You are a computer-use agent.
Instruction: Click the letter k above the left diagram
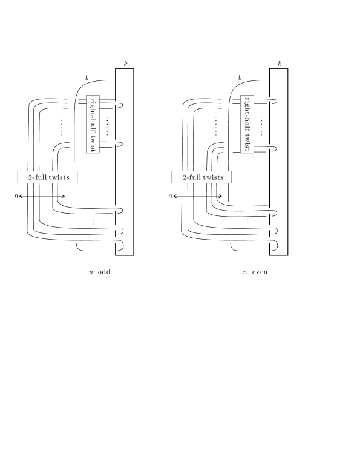tap(126, 64)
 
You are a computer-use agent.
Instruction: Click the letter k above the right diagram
tap(280, 64)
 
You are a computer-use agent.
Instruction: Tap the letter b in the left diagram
tap(87, 78)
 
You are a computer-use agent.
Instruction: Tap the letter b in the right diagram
tap(240, 77)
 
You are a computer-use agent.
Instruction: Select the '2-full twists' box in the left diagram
tap(48, 177)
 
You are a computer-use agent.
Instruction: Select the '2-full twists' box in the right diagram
tap(201, 177)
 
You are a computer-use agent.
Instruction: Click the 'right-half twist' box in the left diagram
tap(93, 124)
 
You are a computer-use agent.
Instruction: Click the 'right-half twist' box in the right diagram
tap(247, 124)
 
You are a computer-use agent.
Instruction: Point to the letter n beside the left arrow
tap(16, 196)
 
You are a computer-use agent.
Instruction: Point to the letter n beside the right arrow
tap(170, 196)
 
